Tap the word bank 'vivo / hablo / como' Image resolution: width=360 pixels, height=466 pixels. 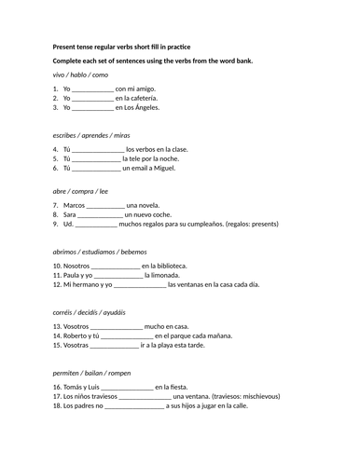point(81,75)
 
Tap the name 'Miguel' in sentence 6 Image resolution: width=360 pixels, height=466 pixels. point(159,169)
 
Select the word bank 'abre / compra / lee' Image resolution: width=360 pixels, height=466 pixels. point(81,191)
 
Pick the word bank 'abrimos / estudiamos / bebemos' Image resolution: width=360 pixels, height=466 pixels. point(100,252)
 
